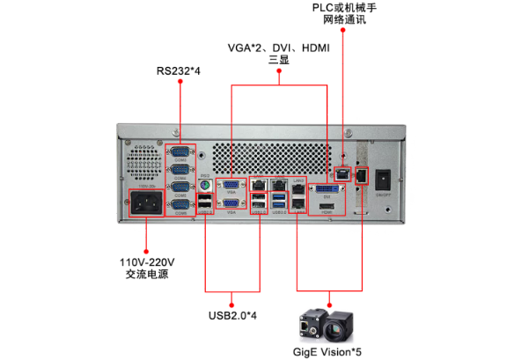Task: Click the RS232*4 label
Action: pos(180,70)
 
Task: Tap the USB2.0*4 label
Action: pos(231,314)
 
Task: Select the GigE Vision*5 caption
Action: pos(327,351)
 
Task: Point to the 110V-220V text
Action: pos(147,262)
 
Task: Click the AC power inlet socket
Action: pos(146,204)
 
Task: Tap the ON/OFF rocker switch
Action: pos(384,175)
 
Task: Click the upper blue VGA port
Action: pos(231,185)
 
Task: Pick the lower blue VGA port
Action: pos(231,204)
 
